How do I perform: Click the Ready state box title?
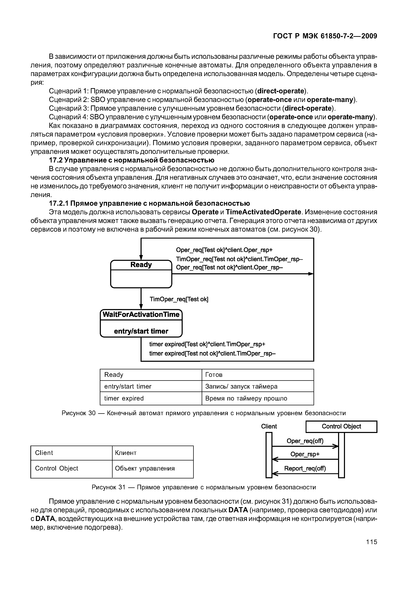[141, 265]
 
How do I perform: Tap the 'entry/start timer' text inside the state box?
[141, 331]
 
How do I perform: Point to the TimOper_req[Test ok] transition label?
[179, 299]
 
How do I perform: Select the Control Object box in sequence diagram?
[341, 426]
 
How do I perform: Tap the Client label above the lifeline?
[269, 426]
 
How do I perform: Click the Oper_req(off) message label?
[305, 441]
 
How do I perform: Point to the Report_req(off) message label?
[305, 468]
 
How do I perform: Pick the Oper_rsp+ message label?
[305, 454]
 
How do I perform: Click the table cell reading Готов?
[214, 375]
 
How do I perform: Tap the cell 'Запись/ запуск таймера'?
[241, 386]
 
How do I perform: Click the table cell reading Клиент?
[126, 453]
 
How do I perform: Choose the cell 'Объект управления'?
[145, 468]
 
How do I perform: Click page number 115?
[371, 542]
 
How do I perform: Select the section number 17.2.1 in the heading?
[59, 203]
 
